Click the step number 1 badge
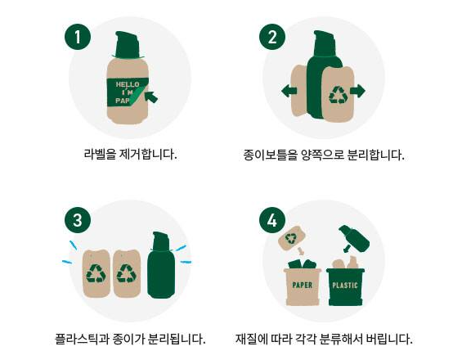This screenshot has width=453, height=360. pyautogui.click(x=78, y=37)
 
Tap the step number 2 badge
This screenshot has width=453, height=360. pyautogui.click(x=272, y=37)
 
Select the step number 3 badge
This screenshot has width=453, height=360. pyautogui.click(x=78, y=220)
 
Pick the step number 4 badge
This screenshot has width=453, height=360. pyautogui.click(x=272, y=220)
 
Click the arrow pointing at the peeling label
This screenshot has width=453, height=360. pyautogui.click(x=151, y=97)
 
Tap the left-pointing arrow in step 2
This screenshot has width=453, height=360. pyautogui.click(x=289, y=91)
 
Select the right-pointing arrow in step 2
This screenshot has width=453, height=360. pyautogui.click(x=357, y=91)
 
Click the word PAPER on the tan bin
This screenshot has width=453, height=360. pyautogui.click(x=303, y=285)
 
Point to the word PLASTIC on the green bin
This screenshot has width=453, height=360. pyautogui.click(x=345, y=286)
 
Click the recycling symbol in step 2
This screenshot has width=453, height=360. pyautogui.click(x=339, y=94)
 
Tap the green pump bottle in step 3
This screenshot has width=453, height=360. pyautogui.click(x=161, y=265)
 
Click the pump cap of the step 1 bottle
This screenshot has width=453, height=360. pyautogui.click(x=127, y=45)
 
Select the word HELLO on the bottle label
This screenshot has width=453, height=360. pyautogui.click(x=128, y=84)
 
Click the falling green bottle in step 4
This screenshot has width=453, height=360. pyautogui.click(x=354, y=239)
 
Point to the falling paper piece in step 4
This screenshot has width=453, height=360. pyautogui.click(x=292, y=238)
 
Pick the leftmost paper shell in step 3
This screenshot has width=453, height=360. pyautogui.click(x=96, y=273)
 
